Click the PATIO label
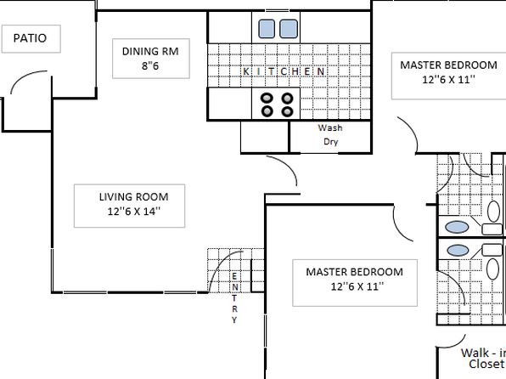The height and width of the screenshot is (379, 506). click(x=30, y=38)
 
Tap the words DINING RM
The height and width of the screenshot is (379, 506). click(x=150, y=51)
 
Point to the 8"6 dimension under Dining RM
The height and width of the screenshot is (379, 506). click(x=150, y=66)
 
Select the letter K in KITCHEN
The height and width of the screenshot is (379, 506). click(x=246, y=71)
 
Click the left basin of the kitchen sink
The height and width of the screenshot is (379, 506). click(x=267, y=29)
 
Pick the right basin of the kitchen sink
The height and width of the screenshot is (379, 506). click(x=289, y=29)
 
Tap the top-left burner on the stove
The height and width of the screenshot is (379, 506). click(x=267, y=98)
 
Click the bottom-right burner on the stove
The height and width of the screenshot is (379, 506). click(x=287, y=111)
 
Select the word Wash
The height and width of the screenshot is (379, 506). click(x=330, y=128)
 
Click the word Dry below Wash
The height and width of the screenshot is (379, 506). click(x=331, y=142)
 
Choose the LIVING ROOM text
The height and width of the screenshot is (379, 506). click(x=133, y=197)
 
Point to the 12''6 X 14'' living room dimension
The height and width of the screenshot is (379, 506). click(x=134, y=212)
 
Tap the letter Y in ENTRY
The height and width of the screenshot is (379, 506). click(x=234, y=320)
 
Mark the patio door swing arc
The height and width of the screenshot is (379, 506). click(x=25, y=76)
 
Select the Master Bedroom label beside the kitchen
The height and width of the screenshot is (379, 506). click(x=448, y=65)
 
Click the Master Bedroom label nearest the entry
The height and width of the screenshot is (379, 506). click(x=354, y=272)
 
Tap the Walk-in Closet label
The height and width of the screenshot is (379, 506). click(x=483, y=359)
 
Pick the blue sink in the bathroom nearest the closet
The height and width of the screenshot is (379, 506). click(x=458, y=251)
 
